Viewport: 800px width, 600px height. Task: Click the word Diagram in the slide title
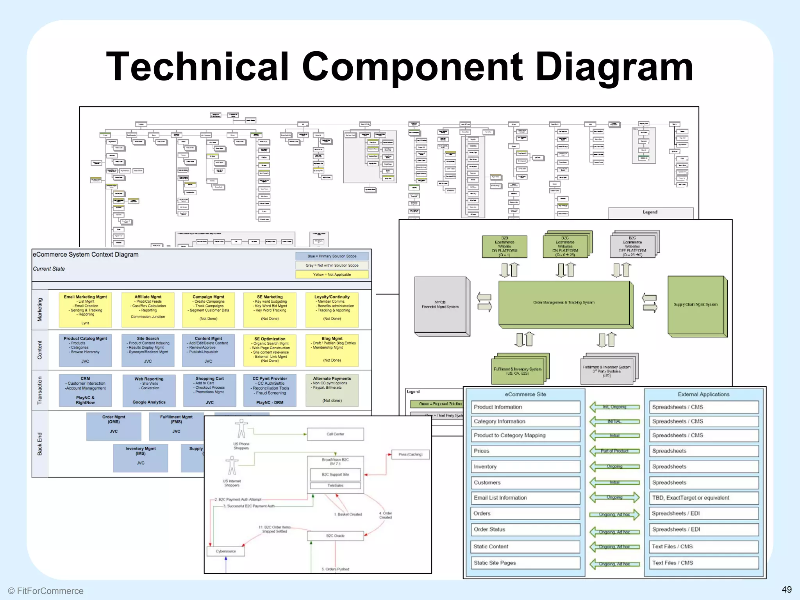[x=614, y=67]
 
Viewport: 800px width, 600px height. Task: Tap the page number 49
[x=787, y=589]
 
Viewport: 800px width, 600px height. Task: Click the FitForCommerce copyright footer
[x=46, y=591]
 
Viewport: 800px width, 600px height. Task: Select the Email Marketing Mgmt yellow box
[x=85, y=310]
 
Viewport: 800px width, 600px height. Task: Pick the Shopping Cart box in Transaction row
[x=210, y=390]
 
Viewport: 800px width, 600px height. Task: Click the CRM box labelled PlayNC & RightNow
[x=85, y=390]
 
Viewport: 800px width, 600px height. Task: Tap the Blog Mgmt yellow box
[x=332, y=350]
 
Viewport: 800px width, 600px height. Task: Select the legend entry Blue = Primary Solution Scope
[x=332, y=256]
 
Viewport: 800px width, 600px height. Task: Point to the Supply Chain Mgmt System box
[x=695, y=305]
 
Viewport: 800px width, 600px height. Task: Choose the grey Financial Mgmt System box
[x=440, y=305]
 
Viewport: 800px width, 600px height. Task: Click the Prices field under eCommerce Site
[x=525, y=451]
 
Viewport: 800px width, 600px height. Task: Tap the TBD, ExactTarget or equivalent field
[x=703, y=498]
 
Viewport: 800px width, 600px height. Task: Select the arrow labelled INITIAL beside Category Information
[x=614, y=421]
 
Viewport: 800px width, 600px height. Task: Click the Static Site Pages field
[x=525, y=563]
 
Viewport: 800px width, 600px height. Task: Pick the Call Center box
[x=335, y=434]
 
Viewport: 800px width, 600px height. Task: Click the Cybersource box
[x=226, y=551]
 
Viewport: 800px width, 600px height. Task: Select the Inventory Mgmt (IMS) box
[x=141, y=457]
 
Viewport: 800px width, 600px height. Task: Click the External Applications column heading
[x=703, y=394]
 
